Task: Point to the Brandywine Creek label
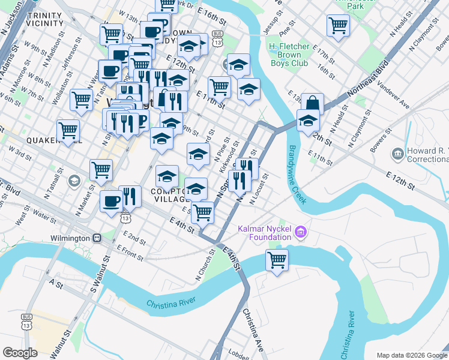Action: [x=298, y=174]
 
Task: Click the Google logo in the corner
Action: [x=20, y=353]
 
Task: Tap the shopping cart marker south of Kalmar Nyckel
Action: [x=277, y=260]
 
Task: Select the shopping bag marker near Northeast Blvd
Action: [x=313, y=104]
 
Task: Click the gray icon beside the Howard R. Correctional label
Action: [x=397, y=155]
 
